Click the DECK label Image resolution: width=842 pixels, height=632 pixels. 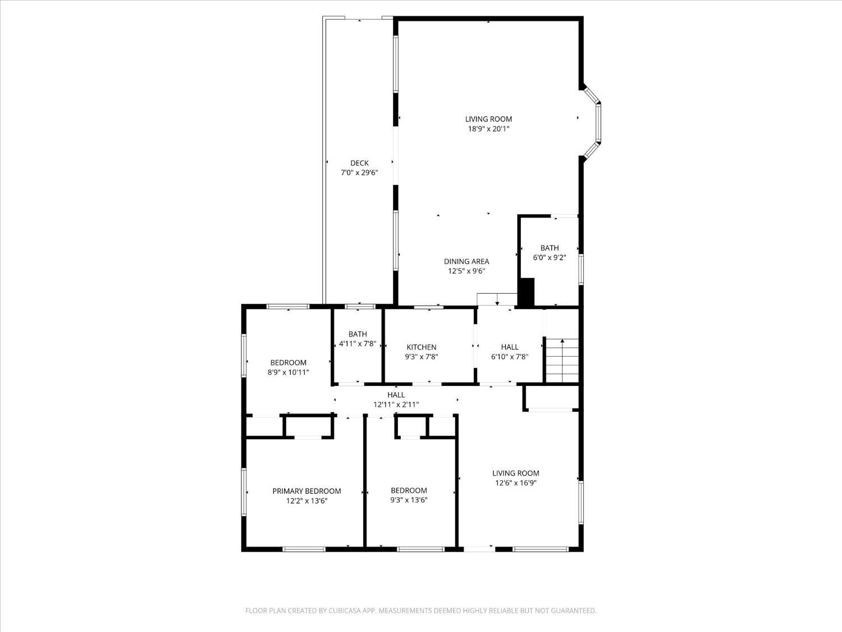pyautogui.click(x=359, y=163)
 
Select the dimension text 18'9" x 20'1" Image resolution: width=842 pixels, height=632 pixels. pyautogui.click(x=488, y=129)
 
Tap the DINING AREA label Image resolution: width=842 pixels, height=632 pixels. pyautogui.click(x=466, y=261)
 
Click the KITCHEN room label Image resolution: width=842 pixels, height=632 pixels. pyautogui.click(x=421, y=347)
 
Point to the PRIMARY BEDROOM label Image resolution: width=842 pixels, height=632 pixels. pyautogui.click(x=306, y=491)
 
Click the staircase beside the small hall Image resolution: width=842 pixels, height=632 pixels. pyautogui.click(x=562, y=360)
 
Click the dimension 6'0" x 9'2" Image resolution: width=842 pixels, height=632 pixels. pyautogui.click(x=549, y=258)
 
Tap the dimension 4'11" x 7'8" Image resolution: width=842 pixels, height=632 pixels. pyautogui.click(x=357, y=344)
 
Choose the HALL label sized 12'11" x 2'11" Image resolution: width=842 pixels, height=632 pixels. pyautogui.click(x=396, y=395)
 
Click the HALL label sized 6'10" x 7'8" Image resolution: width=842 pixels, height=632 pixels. pyautogui.click(x=509, y=347)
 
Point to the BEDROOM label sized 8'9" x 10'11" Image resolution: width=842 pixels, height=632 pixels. pyautogui.click(x=288, y=362)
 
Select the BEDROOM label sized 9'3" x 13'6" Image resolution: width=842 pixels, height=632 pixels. pyautogui.click(x=409, y=490)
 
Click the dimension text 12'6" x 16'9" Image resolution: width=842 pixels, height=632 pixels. pyautogui.click(x=515, y=483)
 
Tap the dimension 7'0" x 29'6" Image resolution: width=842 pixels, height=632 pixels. pyautogui.click(x=359, y=173)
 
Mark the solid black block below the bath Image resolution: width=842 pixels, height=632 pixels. pyautogui.click(x=527, y=292)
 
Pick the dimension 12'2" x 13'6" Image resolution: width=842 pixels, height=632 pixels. pyautogui.click(x=306, y=501)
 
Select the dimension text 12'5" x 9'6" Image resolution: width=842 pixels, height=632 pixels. pyautogui.click(x=466, y=271)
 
